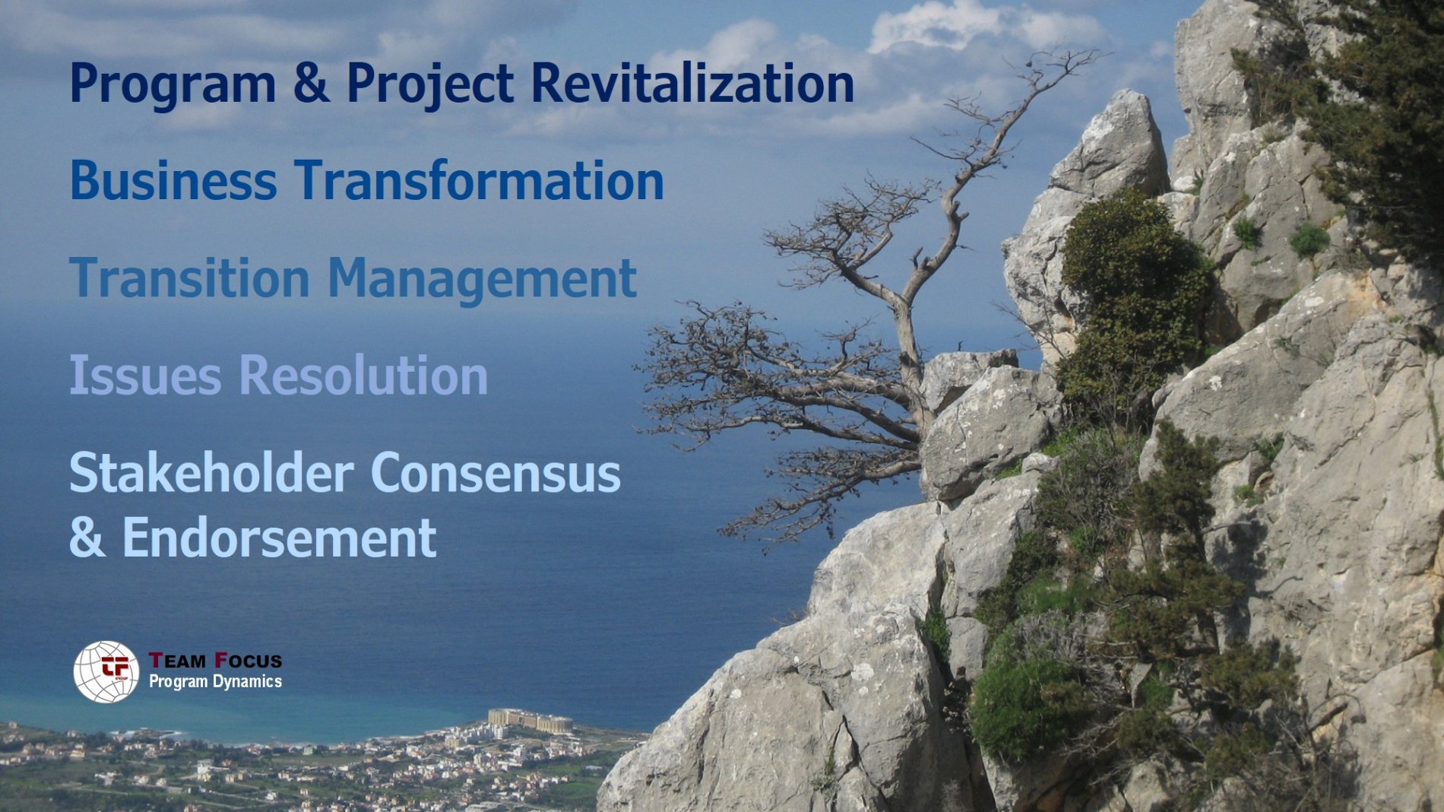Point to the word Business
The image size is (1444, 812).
[x=173, y=180]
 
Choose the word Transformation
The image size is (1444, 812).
[x=480, y=180]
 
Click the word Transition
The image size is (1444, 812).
[x=189, y=278]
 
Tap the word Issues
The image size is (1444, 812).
[x=145, y=375]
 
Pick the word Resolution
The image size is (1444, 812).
[x=364, y=375]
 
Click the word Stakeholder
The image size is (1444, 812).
[x=211, y=472]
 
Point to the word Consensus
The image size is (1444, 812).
[x=496, y=473]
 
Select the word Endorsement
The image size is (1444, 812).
[x=280, y=538]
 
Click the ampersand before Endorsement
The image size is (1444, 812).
[x=87, y=538]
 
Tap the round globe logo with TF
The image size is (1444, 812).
[x=106, y=671]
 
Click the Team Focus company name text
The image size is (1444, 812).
[x=215, y=660]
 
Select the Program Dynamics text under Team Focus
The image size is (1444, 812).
[x=215, y=681]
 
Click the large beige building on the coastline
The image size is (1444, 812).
[x=530, y=720]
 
